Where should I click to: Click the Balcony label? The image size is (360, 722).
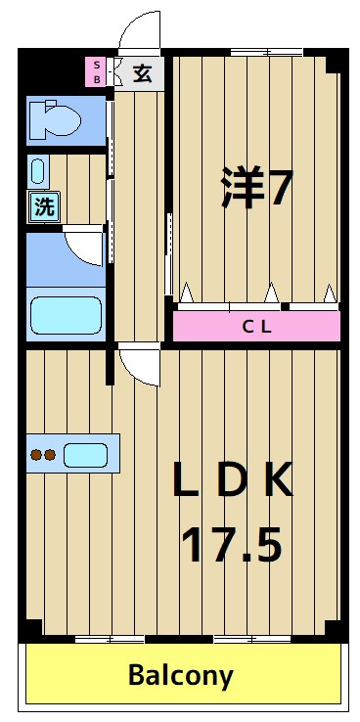point(181,675)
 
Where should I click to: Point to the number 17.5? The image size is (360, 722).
point(233,544)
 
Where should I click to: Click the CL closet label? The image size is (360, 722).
point(256,326)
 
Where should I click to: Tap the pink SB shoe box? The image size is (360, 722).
point(97,72)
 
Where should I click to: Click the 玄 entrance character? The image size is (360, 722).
point(143,73)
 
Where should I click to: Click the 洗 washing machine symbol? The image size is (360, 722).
point(44,206)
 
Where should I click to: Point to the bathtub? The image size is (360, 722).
point(66,315)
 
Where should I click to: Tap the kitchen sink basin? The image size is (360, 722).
point(85,454)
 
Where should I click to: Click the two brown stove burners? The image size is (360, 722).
point(43,454)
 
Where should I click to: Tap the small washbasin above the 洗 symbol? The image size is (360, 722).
point(38,172)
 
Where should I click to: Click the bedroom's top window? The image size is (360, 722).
point(265,51)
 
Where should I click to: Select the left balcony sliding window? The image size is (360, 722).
point(111,639)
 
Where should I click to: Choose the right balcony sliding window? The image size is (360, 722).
point(249,639)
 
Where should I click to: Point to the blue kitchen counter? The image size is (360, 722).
point(72,454)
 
